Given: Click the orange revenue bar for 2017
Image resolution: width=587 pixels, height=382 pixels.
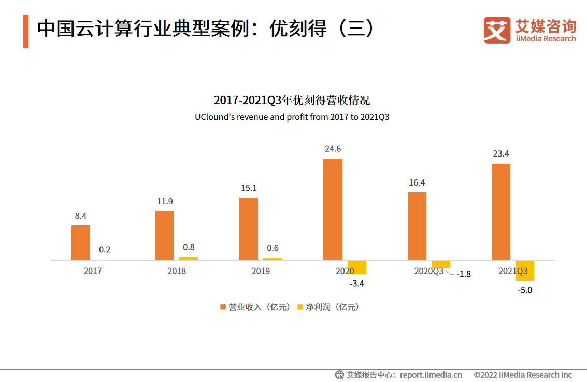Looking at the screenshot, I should (x=81, y=243).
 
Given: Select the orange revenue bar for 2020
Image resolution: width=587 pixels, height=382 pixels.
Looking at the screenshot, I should (x=333, y=209).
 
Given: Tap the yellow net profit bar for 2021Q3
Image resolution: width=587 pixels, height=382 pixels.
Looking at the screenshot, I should (x=524, y=271).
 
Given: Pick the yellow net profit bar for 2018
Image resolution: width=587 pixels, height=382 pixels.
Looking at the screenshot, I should (x=189, y=258).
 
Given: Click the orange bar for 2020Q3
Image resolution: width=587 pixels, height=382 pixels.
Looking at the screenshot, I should (x=417, y=226).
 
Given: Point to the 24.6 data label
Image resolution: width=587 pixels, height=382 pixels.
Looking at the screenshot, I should (x=333, y=149).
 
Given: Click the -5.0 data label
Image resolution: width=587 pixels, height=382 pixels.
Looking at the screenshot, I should (x=525, y=290).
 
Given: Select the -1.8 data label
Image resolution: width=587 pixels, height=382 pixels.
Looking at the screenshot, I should (x=464, y=274).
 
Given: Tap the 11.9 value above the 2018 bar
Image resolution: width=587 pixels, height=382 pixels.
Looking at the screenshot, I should (x=165, y=202).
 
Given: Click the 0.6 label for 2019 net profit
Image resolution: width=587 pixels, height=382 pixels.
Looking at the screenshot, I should (x=273, y=248).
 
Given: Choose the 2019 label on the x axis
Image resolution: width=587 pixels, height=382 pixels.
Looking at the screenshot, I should (x=261, y=271).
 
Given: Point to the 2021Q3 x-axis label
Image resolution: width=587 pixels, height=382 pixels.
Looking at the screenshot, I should (x=513, y=271).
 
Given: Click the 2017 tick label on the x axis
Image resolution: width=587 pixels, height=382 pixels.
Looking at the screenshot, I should (x=93, y=271).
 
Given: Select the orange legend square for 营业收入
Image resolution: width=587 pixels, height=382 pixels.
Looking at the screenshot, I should (x=223, y=307).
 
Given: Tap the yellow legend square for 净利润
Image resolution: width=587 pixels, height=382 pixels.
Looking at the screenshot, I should (x=300, y=307).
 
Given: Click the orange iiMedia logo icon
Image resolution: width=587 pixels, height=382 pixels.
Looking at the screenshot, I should (x=497, y=30).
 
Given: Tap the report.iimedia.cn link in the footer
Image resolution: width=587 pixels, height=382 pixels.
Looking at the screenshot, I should (x=431, y=375).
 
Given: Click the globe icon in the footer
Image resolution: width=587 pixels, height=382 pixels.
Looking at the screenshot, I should (x=339, y=375).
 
